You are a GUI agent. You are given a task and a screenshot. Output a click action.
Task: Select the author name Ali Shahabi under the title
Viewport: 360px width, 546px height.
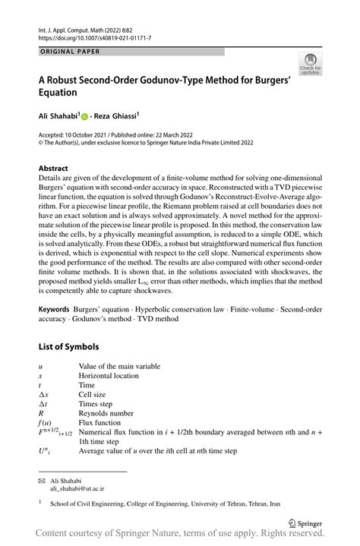(60, 115)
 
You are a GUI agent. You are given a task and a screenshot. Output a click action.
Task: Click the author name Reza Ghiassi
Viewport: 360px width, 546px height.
(115, 115)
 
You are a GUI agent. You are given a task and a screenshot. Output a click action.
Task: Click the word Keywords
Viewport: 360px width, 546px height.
(55, 311)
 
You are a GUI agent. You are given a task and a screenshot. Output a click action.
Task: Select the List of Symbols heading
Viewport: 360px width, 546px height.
(68, 347)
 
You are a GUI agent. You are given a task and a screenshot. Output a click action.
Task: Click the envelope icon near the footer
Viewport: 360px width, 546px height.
(42, 481)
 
